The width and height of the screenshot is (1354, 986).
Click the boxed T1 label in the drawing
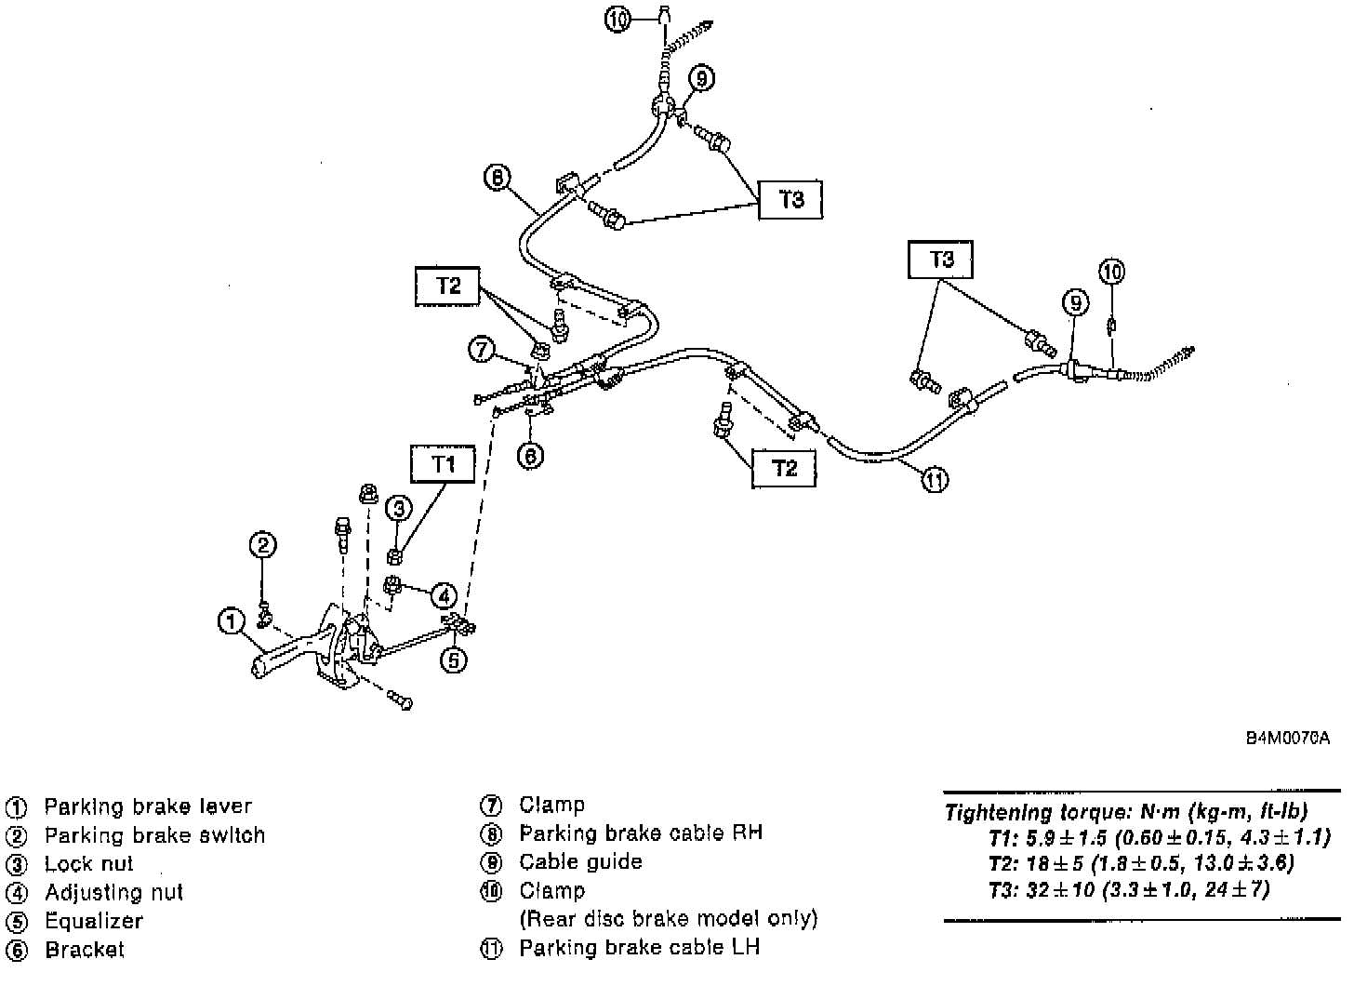coord(443,463)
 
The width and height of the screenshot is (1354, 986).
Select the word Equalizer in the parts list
coord(94,921)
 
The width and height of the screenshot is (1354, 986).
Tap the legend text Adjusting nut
coord(113,892)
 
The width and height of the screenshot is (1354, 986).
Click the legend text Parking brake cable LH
coord(639,948)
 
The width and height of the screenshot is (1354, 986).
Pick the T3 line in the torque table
coord(1129,888)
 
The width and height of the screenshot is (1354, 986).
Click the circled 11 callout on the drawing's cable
coord(935,480)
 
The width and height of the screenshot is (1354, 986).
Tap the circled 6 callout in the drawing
coord(529,455)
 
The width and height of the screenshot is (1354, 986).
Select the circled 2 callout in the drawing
coord(263,545)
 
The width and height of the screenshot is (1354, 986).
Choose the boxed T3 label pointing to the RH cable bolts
coord(790,199)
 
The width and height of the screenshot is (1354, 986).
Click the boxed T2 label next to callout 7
coord(448,286)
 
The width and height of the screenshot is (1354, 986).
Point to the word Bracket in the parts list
coord(84,950)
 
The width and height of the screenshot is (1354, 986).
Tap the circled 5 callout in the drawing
coord(453,660)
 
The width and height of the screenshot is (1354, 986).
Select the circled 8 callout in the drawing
coord(498,176)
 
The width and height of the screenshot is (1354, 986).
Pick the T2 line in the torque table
coord(1141,862)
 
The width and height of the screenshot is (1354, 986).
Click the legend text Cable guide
coord(580,861)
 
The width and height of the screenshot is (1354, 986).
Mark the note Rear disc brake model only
coord(668,919)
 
